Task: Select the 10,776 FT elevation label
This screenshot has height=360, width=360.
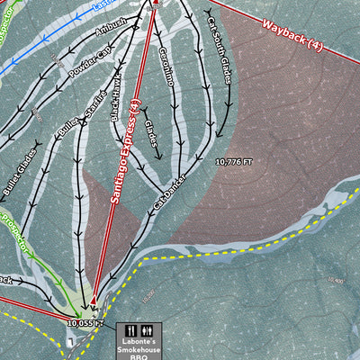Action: (x=234, y=162)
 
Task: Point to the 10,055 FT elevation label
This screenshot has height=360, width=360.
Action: (x=86, y=321)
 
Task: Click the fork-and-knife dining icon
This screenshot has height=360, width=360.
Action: (x=130, y=330)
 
